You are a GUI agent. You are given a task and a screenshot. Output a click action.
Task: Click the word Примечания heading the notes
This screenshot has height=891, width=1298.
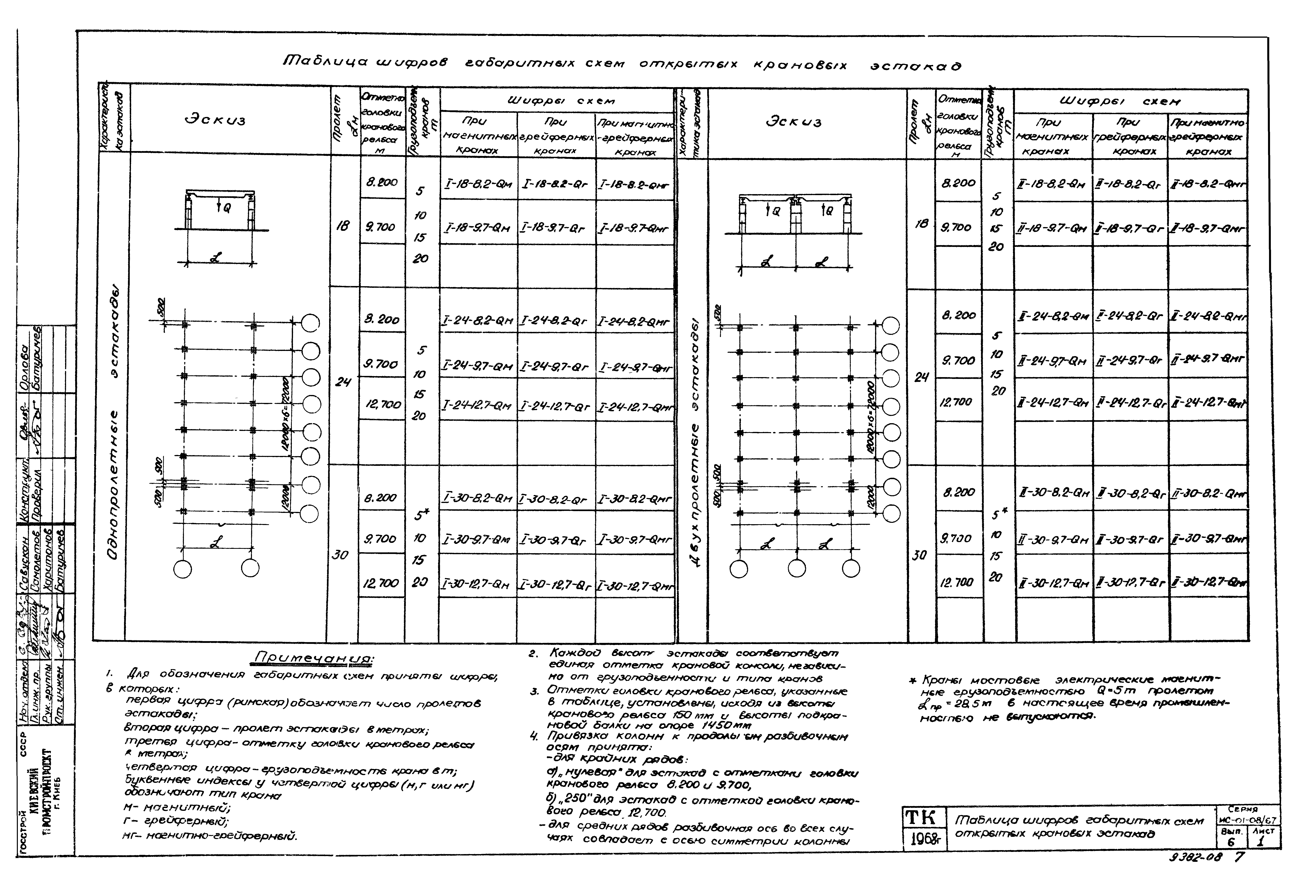pyautogui.click(x=314, y=658)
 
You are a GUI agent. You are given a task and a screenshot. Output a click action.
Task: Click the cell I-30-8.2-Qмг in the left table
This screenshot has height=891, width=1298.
pyautogui.click(x=634, y=499)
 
